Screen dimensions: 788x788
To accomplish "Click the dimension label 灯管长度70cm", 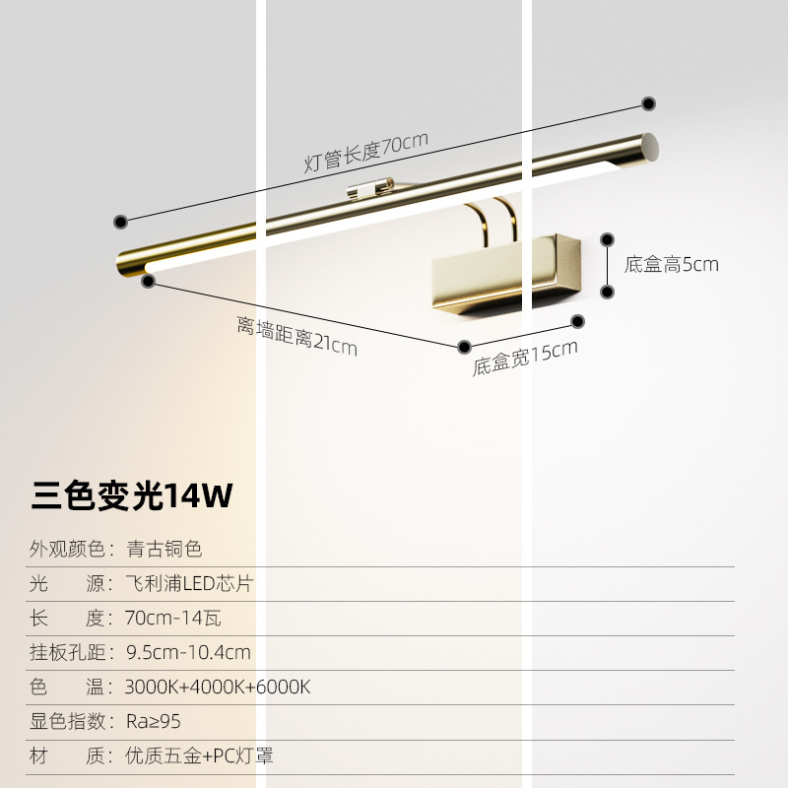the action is point(365,152).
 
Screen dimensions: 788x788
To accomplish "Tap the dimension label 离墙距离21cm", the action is point(296,334).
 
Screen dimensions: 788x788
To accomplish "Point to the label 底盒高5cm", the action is point(671,264).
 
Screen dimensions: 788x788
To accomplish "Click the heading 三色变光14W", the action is point(132,495).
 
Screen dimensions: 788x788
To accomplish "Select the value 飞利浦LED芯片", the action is point(189,583).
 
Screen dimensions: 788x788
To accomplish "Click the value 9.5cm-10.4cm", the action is point(188,652).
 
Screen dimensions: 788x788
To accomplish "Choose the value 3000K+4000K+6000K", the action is point(218,687).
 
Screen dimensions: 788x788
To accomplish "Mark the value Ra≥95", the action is point(154,721).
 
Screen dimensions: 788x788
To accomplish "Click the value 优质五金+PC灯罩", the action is point(199,755).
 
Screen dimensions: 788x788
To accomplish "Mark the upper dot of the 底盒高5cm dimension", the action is point(609,238).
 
